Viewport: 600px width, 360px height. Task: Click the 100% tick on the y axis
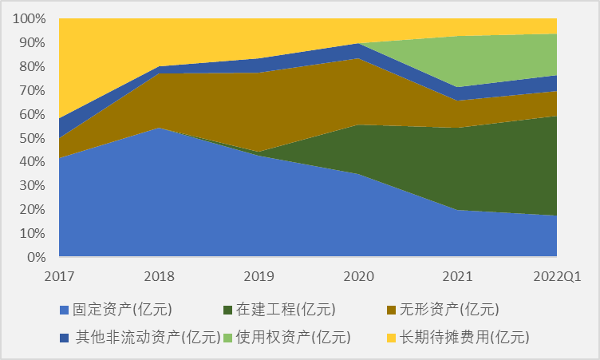(x=30, y=18)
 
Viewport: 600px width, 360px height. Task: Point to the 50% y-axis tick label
(x=33, y=138)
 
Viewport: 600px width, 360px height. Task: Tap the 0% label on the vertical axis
(x=37, y=258)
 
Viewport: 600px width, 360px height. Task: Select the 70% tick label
(x=33, y=90)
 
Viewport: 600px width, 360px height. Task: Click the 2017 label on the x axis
(x=59, y=276)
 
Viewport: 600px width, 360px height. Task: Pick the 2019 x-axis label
(x=259, y=276)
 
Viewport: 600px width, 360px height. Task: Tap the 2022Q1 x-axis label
(x=556, y=276)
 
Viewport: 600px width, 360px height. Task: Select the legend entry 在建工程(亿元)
(x=286, y=309)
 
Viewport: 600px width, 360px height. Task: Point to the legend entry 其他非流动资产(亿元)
(x=148, y=337)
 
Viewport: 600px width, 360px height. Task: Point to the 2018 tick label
(x=159, y=276)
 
